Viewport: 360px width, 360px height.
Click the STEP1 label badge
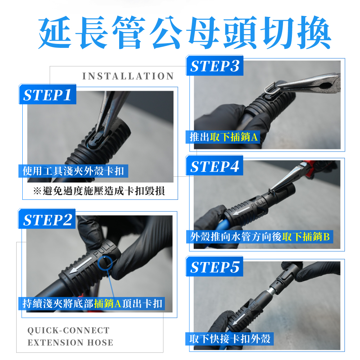pos(47,94)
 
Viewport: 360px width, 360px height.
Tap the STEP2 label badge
pos(47,219)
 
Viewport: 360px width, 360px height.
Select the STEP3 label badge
pos(215,66)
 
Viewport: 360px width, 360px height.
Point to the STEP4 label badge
pos(215,166)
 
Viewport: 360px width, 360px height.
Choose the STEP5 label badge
pos(215,267)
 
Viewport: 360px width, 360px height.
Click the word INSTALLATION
pos(128,76)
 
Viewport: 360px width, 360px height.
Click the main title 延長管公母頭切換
pos(184,32)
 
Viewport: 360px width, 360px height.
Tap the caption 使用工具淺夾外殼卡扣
pos(73,171)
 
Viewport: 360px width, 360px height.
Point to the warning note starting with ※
pos(99,191)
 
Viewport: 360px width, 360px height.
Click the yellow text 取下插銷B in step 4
pos(306,237)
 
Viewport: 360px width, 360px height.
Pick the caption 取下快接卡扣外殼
pos(230,339)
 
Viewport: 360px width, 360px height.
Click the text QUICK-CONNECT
pos(68,330)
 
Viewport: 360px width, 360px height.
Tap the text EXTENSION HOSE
pos(70,343)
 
